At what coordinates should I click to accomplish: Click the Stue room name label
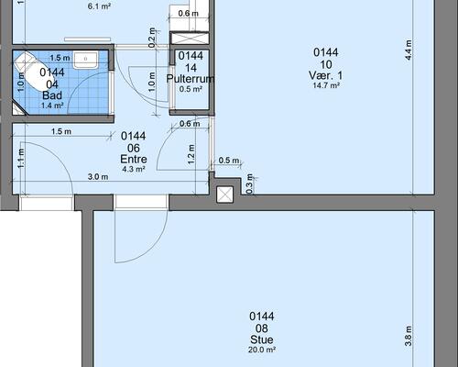[x=262, y=339]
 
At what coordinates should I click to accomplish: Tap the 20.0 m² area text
[x=262, y=350]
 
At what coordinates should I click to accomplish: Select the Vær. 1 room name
[x=325, y=75]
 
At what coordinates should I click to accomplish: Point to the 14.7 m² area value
[x=326, y=85]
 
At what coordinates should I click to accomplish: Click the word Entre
[x=134, y=159]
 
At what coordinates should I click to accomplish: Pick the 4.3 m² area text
[x=134, y=169]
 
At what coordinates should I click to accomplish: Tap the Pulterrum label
[x=191, y=79]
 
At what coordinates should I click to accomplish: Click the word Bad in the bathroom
[x=52, y=95]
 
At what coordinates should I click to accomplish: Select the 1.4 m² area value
[x=52, y=106]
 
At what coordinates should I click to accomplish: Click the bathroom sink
[x=85, y=60]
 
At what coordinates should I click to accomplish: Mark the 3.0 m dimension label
[x=98, y=177]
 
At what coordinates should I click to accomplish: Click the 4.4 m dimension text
[x=409, y=50]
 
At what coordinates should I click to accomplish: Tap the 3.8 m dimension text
[x=409, y=336]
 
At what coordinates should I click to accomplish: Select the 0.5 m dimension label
[x=229, y=161]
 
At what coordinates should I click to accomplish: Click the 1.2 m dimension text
[x=191, y=154]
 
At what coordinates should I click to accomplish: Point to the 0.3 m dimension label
[x=249, y=183]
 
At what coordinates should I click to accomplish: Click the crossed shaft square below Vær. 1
[x=224, y=195]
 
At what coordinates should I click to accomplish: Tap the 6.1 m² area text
[x=99, y=6]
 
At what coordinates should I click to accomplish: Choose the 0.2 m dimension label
[x=152, y=38]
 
